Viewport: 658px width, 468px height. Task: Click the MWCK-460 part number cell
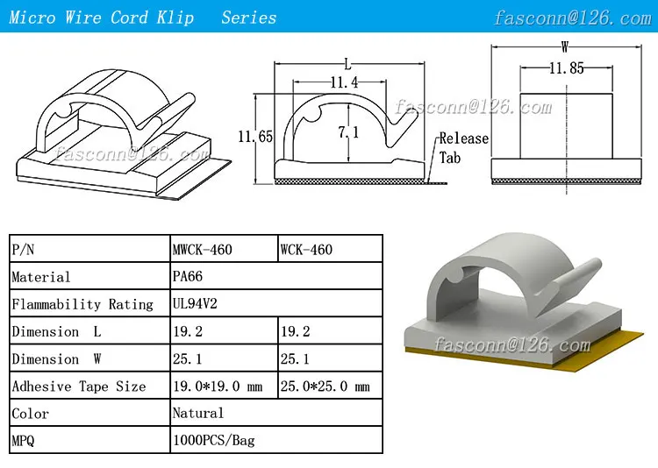(x=203, y=250)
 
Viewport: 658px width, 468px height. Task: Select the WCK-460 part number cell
(x=306, y=250)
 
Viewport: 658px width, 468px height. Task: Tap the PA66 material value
(x=188, y=277)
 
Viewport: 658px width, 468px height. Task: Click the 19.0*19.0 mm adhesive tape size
(x=218, y=386)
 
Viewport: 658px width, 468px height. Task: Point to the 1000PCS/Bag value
(x=213, y=440)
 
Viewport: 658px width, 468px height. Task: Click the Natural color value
(x=198, y=413)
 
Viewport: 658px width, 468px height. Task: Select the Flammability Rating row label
(x=82, y=304)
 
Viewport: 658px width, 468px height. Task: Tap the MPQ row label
(x=24, y=441)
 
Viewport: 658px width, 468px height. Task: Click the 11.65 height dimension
(x=254, y=137)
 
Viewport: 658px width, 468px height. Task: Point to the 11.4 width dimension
(x=343, y=82)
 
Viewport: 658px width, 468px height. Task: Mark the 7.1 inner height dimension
(x=348, y=132)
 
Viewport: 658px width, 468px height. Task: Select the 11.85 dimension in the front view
(x=566, y=68)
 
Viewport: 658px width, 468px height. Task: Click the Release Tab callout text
(x=462, y=148)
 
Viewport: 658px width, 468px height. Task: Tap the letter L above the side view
(x=348, y=63)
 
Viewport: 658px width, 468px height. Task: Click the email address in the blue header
(x=572, y=18)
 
